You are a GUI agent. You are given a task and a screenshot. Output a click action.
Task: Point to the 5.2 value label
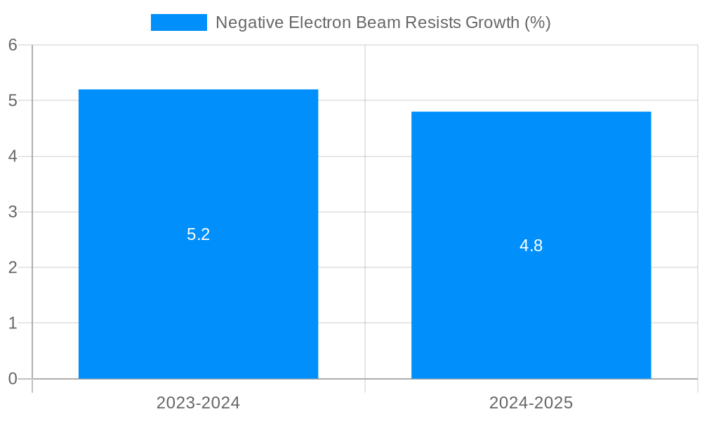(198, 234)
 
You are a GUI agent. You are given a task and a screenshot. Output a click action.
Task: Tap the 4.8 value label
(531, 246)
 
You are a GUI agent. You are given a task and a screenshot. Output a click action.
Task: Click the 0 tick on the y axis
(13, 379)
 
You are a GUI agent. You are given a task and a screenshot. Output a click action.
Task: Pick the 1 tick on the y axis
(13, 323)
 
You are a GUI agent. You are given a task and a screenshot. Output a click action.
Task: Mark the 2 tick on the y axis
(13, 267)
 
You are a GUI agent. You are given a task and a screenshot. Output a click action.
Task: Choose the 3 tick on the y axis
(13, 212)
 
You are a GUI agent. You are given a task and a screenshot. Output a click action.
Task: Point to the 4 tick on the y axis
(13, 156)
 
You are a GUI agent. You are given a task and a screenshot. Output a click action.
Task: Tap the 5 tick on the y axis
(13, 100)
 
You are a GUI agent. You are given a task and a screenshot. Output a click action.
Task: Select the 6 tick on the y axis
(13, 45)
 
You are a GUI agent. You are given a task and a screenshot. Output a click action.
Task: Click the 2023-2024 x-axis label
(198, 403)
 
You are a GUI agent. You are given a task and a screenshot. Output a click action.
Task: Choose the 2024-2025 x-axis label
(531, 403)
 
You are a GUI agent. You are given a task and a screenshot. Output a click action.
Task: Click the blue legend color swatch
(179, 22)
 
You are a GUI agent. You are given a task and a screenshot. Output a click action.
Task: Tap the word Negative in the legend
(246, 22)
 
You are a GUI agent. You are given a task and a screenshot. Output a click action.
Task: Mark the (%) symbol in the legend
(538, 22)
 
